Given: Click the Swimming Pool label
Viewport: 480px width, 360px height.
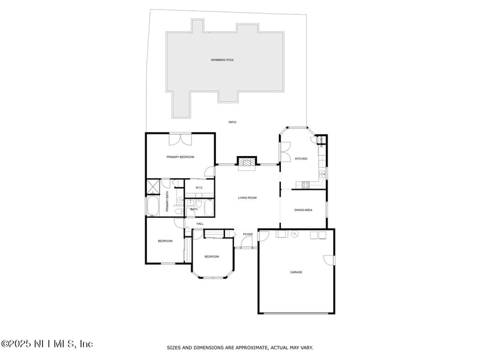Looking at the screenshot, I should [x=223, y=60].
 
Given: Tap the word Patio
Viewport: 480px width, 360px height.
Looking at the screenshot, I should [x=232, y=122].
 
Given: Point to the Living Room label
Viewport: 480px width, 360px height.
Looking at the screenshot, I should [x=247, y=197].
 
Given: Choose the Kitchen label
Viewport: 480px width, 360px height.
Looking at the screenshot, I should [x=301, y=158].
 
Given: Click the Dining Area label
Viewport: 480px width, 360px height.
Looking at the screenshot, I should [x=304, y=210].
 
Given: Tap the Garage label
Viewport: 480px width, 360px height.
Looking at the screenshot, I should [x=296, y=272].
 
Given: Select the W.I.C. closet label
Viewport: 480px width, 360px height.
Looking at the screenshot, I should [x=199, y=188].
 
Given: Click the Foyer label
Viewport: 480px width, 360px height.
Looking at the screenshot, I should [x=248, y=234].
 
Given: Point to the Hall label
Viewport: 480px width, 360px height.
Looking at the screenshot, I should [x=200, y=224].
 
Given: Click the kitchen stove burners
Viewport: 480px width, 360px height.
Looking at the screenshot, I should [x=305, y=185].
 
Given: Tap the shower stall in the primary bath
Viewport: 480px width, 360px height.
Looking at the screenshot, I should [x=154, y=187].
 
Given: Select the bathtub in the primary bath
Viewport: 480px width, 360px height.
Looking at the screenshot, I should [x=153, y=207].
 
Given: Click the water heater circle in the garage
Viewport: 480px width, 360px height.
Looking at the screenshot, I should [x=295, y=235].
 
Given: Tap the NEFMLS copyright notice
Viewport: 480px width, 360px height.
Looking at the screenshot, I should [x=47, y=344].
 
